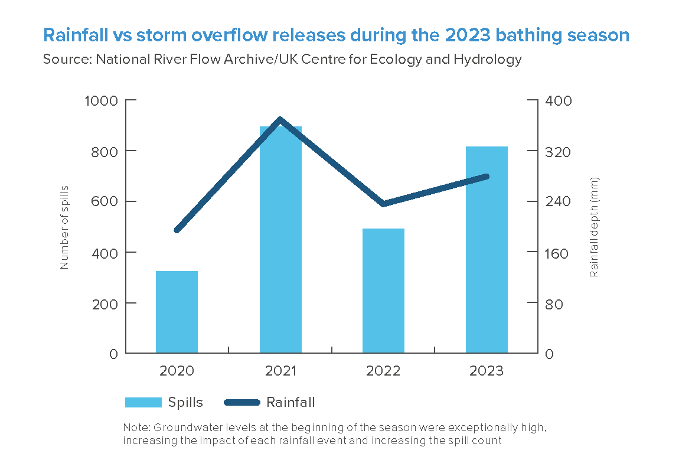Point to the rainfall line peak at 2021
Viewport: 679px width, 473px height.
280,120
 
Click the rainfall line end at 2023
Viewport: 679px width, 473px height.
487,177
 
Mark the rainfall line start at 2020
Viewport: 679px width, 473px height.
177,230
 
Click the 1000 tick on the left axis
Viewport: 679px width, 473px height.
103,100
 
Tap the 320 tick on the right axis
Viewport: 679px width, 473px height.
558,151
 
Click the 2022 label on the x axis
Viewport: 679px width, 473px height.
383,371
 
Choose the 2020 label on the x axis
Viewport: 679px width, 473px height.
177,371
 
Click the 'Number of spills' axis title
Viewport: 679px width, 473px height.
64,227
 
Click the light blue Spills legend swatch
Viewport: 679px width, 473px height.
143,403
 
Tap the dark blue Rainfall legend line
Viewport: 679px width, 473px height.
242,403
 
